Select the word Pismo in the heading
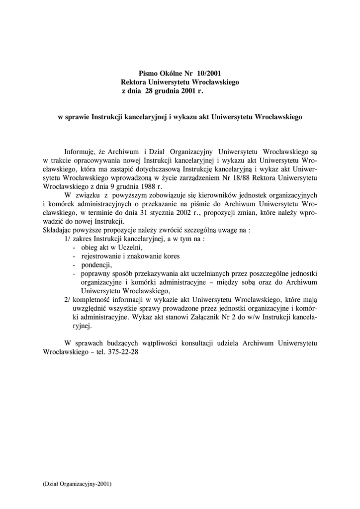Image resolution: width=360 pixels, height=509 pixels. (148, 73)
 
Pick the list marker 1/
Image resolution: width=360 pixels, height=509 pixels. (68, 239)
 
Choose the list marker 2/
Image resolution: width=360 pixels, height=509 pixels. (68, 300)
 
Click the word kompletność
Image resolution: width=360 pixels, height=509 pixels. (93, 300)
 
